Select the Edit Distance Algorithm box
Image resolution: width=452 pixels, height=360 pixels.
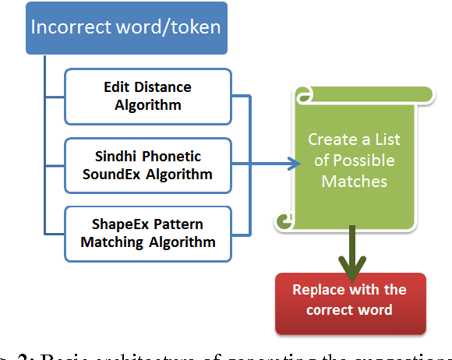[x=148, y=96]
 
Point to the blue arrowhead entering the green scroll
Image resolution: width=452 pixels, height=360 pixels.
[x=295, y=164]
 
